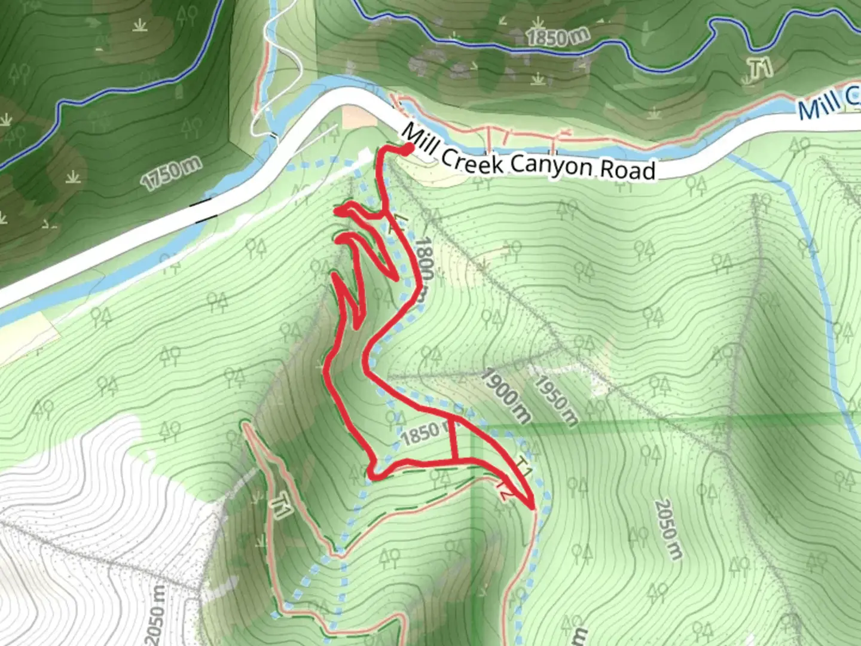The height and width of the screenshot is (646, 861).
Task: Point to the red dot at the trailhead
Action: point(408,150)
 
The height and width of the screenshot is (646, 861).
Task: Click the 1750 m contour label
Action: point(171,174)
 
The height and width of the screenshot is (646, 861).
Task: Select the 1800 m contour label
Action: point(424,269)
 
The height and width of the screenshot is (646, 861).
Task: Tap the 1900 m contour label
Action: point(506,395)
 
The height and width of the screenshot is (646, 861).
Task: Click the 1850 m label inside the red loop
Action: point(425,434)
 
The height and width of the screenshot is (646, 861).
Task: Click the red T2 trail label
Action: point(503,492)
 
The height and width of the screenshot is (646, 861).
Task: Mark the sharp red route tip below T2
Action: point(532,507)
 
